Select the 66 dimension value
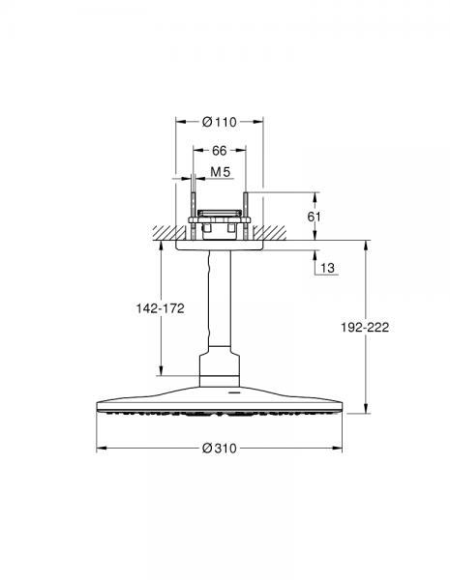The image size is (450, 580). [x=219, y=151]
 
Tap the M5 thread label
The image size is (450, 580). [x=220, y=172]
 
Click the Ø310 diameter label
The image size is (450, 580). [x=220, y=449]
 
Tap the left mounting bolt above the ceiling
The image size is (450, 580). [x=194, y=215]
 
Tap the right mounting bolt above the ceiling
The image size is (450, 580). [x=246, y=215]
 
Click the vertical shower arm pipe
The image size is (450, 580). [x=220, y=309]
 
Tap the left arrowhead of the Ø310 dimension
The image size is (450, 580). [x=99, y=449]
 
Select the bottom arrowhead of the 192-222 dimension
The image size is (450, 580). [x=365, y=409]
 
